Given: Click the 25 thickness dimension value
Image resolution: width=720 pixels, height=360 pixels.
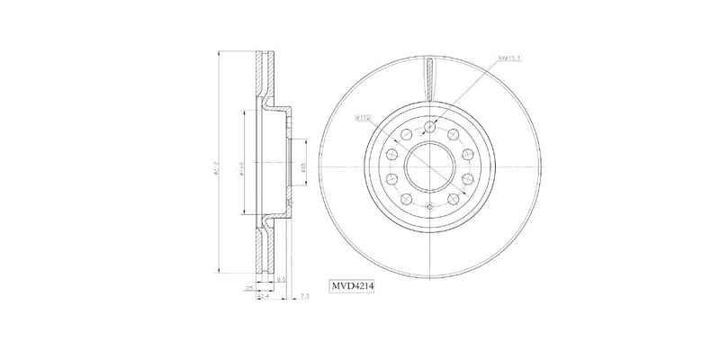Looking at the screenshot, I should click(249, 288).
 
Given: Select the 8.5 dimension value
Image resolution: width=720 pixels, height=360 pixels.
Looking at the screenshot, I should click(282, 280).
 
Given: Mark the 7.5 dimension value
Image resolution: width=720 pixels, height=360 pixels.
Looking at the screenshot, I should click(304, 296).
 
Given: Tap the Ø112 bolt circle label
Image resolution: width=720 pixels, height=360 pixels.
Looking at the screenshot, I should click(363, 118).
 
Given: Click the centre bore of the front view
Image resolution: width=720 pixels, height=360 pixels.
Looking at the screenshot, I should click(429, 166).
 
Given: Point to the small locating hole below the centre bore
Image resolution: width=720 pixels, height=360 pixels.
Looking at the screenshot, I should click(429, 209).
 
